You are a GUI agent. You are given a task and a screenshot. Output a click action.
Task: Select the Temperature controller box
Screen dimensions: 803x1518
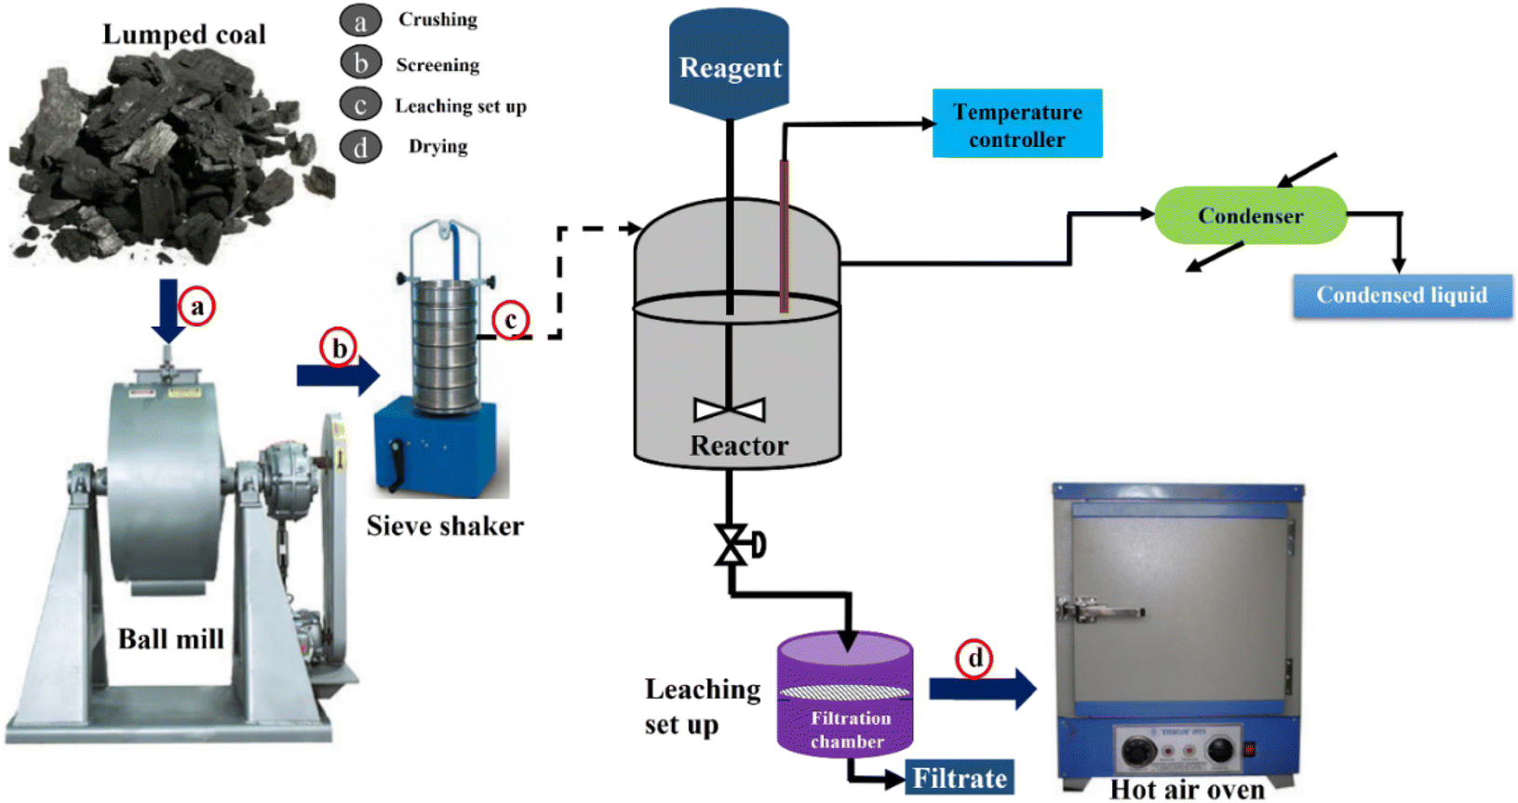(x=1017, y=124)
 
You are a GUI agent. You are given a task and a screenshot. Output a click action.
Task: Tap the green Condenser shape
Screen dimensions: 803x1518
(x=1250, y=215)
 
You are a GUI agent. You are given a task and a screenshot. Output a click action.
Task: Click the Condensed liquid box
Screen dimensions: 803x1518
(x=1402, y=296)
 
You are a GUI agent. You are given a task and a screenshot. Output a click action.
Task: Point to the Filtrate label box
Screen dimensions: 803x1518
(x=960, y=778)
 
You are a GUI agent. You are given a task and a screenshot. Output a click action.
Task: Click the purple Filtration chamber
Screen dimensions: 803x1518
(x=845, y=707)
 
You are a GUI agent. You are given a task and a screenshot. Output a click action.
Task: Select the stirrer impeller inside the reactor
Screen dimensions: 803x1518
(x=730, y=409)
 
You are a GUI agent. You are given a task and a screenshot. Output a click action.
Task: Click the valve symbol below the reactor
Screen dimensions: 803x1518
(x=732, y=545)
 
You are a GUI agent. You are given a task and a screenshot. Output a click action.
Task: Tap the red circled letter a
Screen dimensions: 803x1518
(x=197, y=306)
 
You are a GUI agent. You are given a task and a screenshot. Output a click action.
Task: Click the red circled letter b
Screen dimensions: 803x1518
(x=339, y=348)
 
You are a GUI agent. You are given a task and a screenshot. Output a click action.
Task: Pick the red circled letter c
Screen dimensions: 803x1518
(x=511, y=320)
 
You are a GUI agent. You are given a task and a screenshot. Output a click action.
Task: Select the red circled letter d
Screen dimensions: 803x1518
(x=974, y=659)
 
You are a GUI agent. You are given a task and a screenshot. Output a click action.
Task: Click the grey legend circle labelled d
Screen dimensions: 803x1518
(x=360, y=147)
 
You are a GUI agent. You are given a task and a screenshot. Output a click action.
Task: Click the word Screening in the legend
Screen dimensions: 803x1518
(x=437, y=65)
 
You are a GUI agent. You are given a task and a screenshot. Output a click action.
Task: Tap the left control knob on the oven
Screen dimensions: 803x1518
(x=1138, y=751)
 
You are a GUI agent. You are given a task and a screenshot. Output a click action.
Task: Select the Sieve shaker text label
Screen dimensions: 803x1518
(x=445, y=526)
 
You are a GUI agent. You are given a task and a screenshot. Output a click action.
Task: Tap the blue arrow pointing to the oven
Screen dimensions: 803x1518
(x=983, y=689)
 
